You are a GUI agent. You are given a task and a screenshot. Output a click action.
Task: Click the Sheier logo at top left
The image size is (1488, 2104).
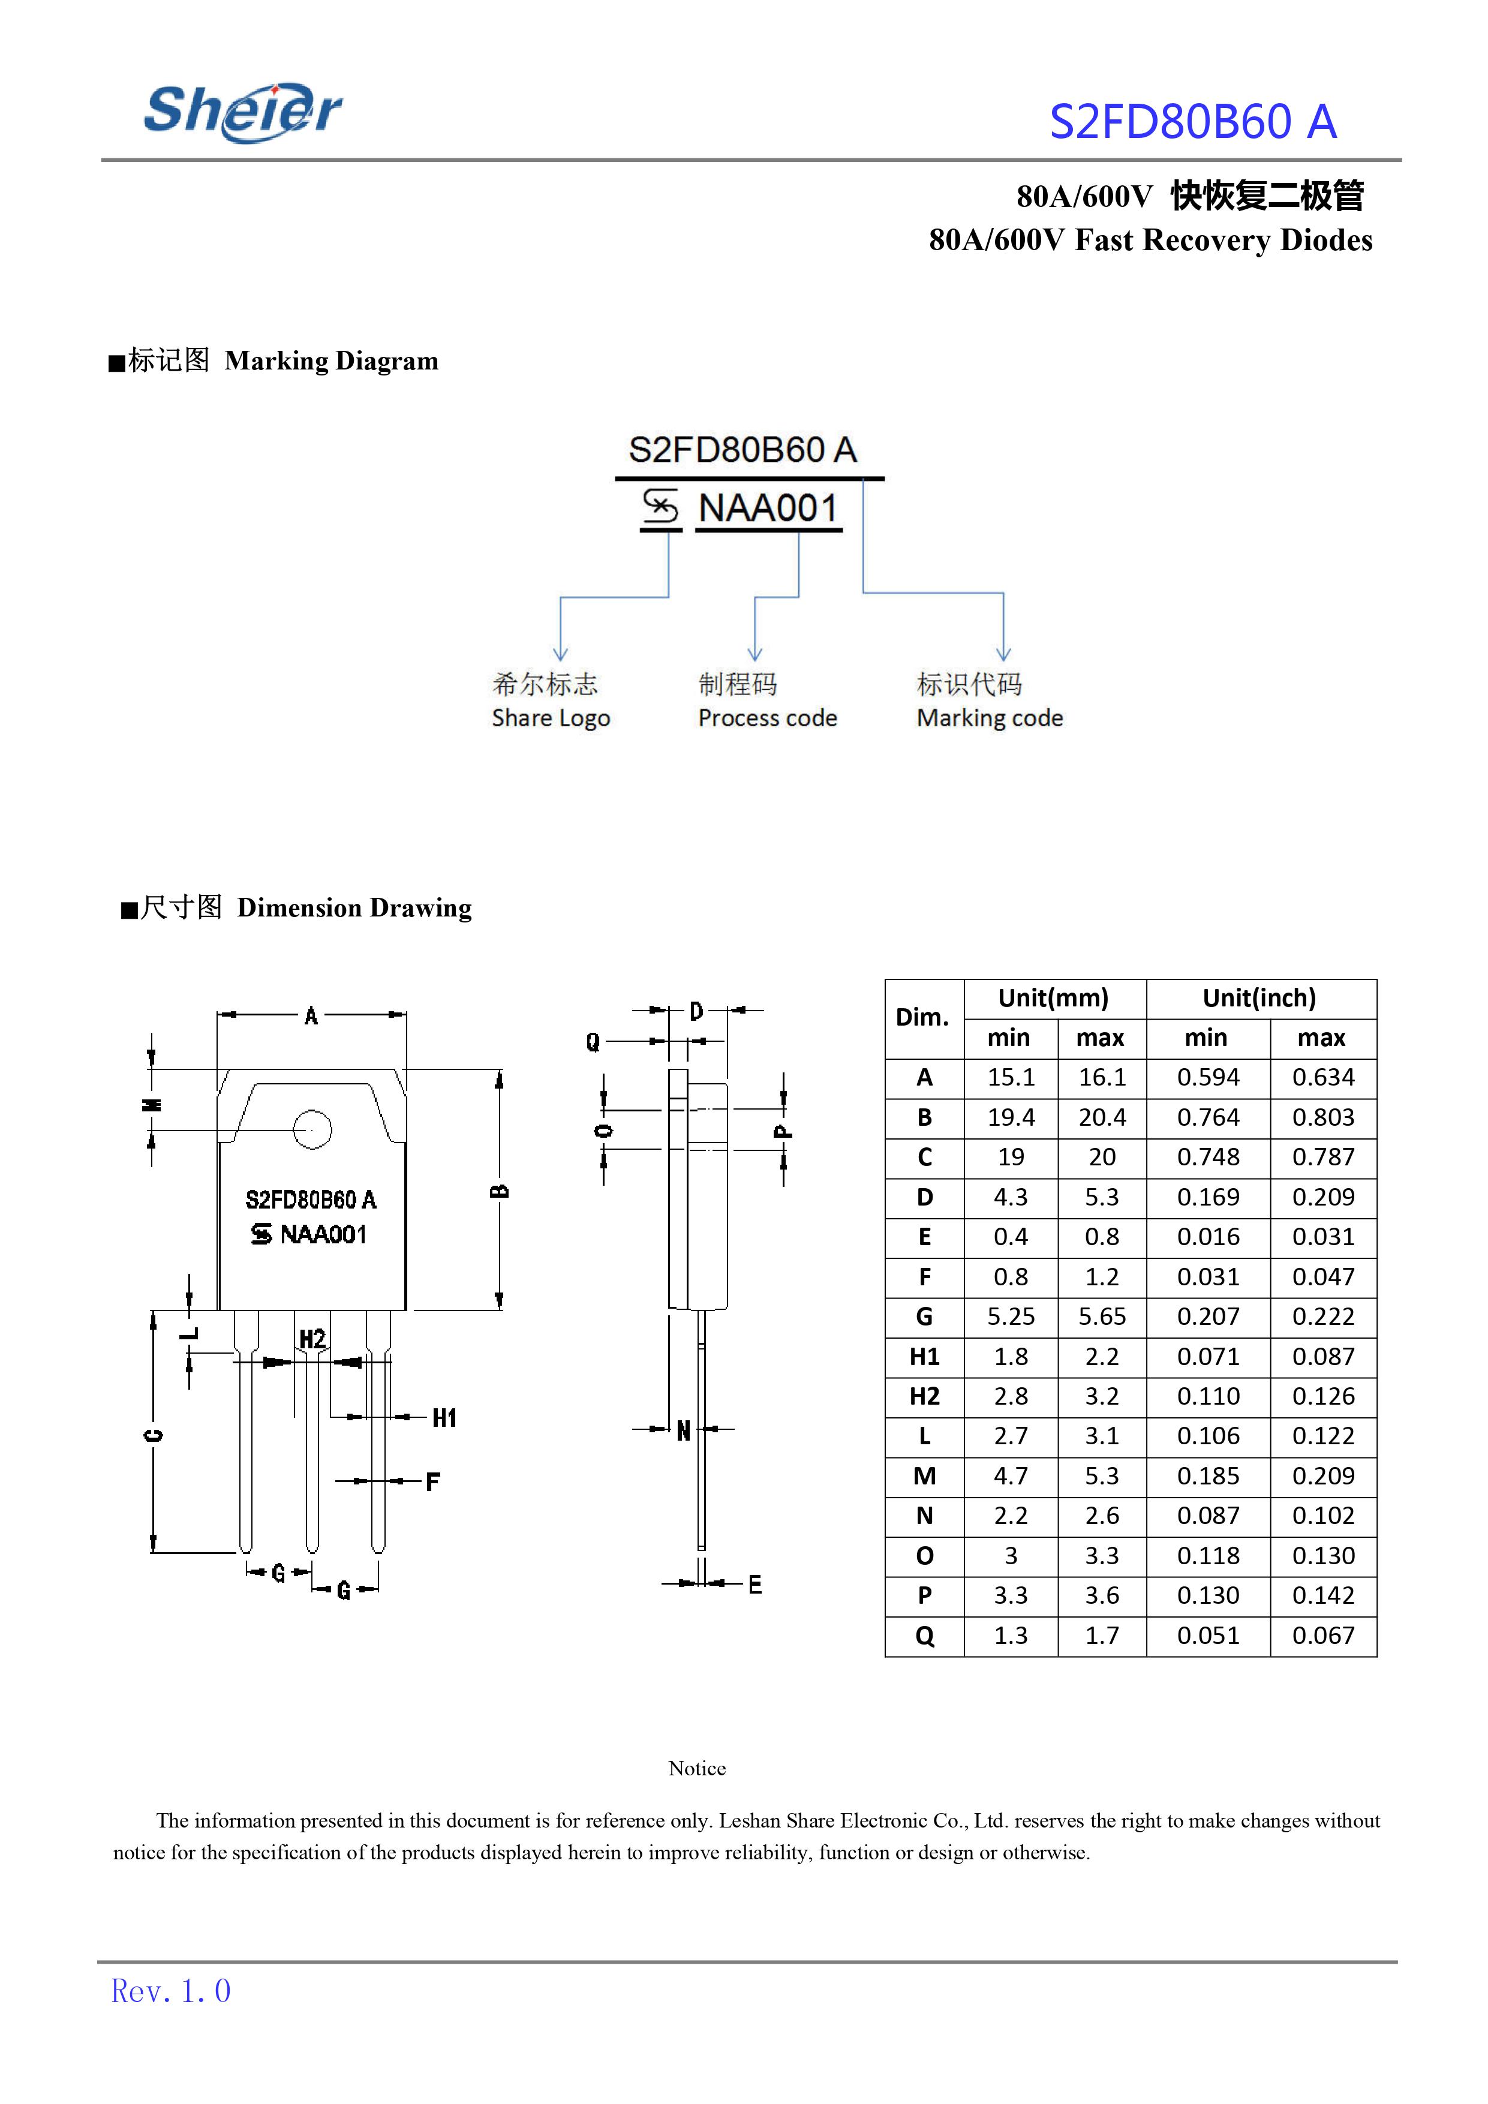coord(243,113)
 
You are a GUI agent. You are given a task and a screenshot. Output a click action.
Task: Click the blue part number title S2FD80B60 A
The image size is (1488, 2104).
coord(1192,122)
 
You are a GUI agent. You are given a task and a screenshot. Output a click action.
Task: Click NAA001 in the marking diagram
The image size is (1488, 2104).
coord(768,509)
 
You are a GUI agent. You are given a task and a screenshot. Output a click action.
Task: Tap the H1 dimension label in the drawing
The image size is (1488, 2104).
coord(444,1418)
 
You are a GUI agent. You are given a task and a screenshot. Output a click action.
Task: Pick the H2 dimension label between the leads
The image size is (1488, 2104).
coord(312,1339)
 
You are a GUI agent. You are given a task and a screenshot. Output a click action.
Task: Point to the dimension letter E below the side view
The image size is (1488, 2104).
coord(755,1585)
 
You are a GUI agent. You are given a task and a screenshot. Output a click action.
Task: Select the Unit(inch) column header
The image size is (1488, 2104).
coord(1260,998)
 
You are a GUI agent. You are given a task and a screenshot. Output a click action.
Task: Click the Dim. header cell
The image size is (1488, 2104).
coord(922,1017)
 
